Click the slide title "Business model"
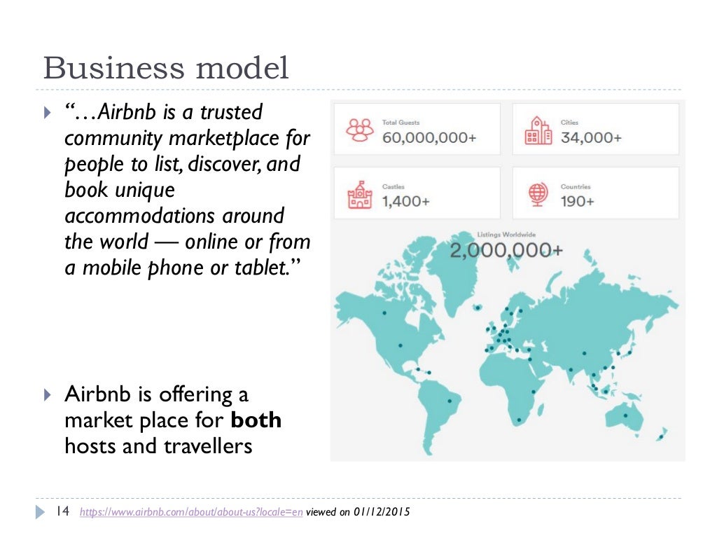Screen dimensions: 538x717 [166, 69]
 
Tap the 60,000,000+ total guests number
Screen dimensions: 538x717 [429, 138]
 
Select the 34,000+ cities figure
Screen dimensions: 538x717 [590, 138]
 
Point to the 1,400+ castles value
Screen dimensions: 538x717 [405, 202]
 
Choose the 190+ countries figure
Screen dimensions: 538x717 [577, 202]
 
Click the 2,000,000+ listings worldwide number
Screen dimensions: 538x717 [506, 251]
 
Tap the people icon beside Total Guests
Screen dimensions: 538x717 [360, 130]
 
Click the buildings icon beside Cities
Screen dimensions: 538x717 [538, 130]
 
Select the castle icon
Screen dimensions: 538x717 [360, 194]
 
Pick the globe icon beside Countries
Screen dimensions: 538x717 [538, 194]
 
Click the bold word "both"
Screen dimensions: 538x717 [256, 420]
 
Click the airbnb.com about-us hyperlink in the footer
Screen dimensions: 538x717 [191, 512]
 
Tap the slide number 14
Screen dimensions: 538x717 [62, 511]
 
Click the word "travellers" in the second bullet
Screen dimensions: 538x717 [208, 446]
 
